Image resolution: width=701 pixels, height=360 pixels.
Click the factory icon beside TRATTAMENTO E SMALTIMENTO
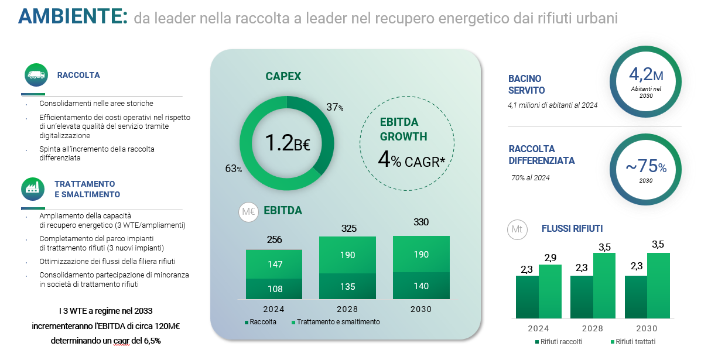[32, 188]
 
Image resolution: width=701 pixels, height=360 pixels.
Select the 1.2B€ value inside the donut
[287, 143]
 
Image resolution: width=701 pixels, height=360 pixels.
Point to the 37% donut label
[334, 107]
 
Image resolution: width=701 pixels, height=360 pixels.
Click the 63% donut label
[233, 169]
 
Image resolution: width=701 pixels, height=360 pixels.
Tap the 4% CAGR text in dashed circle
[408, 160]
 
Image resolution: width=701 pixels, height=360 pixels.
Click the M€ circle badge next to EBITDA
[248, 212]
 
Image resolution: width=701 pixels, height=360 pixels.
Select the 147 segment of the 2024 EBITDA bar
[274, 265]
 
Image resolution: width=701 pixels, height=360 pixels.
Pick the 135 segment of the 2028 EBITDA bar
[347, 287]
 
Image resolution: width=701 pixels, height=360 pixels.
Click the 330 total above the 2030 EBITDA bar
[421, 222]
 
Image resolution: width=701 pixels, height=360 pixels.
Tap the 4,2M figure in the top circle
[645, 74]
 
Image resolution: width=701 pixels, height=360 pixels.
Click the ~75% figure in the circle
[645, 167]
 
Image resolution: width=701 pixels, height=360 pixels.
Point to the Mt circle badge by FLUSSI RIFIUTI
[517, 229]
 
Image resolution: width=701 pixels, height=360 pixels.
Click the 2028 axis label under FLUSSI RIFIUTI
[593, 329]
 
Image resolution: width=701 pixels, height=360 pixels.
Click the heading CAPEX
[283, 77]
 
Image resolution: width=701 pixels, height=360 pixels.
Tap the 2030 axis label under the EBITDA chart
[420, 309]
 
